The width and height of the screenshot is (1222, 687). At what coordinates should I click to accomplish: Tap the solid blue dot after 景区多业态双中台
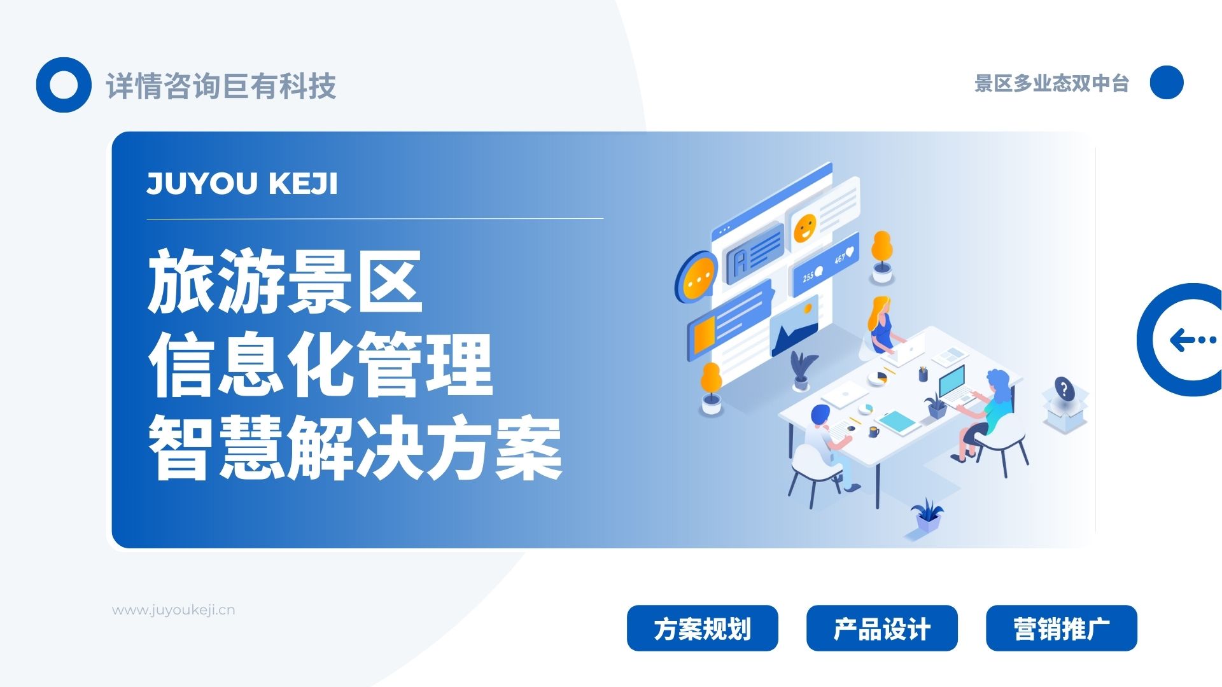pyautogui.click(x=1167, y=83)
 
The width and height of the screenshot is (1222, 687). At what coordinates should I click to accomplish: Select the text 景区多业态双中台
pyautogui.click(x=1051, y=83)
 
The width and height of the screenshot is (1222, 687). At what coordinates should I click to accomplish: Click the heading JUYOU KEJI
pyautogui.click(x=242, y=183)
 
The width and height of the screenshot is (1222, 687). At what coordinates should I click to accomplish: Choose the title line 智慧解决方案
pyautogui.click(x=355, y=448)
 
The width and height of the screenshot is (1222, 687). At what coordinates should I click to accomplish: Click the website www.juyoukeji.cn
pyautogui.click(x=174, y=610)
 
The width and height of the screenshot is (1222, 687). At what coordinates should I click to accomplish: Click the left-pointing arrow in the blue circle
pyautogui.click(x=1192, y=340)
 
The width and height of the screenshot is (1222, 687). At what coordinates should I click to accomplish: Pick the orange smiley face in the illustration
pyautogui.click(x=805, y=228)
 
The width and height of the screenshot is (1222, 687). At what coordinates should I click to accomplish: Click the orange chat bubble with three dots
pyautogui.click(x=698, y=279)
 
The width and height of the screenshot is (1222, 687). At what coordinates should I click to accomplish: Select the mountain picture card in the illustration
pyautogui.click(x=794, y=328)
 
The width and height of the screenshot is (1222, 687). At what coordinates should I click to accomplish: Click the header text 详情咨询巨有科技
pyautogui.click(x=221, y=86)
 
